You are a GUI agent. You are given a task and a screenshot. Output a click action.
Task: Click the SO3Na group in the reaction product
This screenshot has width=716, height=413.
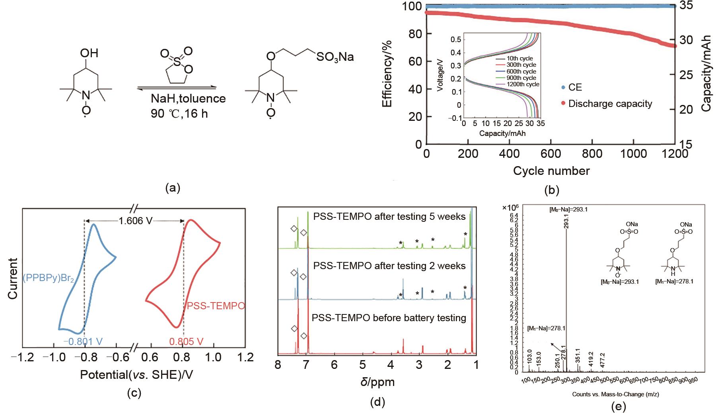(x=335, y=58)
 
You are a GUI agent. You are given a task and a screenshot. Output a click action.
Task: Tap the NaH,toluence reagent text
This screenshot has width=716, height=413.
(x=188, y=98)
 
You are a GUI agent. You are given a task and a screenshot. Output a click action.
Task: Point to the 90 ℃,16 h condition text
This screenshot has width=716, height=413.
(x=177, y=113)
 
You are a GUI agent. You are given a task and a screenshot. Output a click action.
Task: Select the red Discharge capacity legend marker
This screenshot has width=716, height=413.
(x=563, y=104)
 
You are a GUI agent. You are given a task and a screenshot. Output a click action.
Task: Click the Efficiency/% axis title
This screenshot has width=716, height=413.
(x=387, y=73)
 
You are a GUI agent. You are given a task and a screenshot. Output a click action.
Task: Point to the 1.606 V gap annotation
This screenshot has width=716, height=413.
(x=135, y=221)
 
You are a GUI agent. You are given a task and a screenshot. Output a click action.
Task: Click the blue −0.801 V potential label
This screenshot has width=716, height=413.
(x=83, y=341)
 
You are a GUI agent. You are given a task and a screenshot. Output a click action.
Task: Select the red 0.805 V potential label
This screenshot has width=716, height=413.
(x=186, y=341)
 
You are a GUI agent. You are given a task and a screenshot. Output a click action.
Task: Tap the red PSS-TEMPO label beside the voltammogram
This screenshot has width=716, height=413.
(x=216, y=306)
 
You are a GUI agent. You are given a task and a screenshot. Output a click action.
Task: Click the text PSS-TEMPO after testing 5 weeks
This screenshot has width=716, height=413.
(x=389, y=217)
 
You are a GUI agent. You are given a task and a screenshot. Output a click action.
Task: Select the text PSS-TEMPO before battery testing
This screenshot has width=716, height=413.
(x=389, y=318)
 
